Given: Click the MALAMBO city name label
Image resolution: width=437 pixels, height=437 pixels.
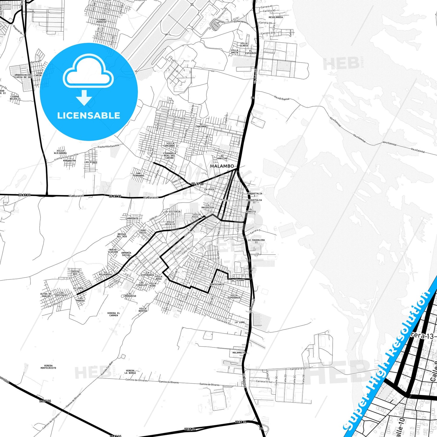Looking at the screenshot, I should [222, 166].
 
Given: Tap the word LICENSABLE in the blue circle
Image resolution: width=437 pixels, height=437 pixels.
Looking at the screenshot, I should [89, 116].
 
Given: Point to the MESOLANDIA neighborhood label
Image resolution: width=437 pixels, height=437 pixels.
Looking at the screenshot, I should [276, 17].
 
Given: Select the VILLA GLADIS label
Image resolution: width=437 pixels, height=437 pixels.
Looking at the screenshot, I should [244, 44].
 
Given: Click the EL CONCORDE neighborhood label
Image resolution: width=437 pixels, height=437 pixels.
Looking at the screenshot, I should [201, 125].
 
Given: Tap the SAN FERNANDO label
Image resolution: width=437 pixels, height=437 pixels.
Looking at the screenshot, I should [138, 174].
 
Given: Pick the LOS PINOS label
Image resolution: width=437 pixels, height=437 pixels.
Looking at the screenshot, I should [91, 162].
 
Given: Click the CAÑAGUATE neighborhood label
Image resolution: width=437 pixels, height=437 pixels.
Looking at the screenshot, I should [132, 218].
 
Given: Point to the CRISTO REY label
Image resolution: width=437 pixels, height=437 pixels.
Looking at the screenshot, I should [75, 273].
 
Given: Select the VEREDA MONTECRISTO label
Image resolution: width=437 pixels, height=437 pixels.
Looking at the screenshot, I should [48, 367].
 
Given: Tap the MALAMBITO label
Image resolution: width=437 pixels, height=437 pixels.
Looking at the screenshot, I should [239, 353].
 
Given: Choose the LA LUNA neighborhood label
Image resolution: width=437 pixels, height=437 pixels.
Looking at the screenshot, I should [240, 322].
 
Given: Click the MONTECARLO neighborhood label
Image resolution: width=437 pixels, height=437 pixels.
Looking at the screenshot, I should [217, 285].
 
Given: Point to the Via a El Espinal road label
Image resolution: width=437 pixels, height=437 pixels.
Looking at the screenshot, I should [282, 98].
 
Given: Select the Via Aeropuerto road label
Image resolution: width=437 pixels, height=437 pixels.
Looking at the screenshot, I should [241, 22].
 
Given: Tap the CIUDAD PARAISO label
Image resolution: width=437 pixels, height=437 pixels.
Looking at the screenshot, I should [101, 21].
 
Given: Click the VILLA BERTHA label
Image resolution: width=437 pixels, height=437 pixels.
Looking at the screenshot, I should [143, 310].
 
